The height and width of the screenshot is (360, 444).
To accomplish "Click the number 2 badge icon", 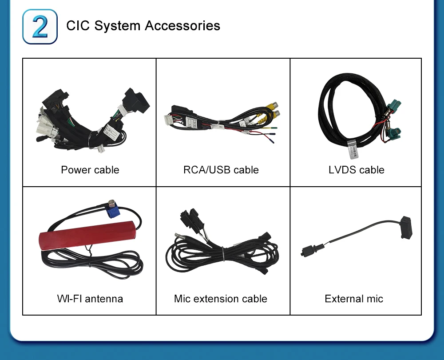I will pyautogui.click(x=40, y=26).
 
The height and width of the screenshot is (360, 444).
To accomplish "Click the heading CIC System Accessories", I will pyautogui.click(x=143, y=25).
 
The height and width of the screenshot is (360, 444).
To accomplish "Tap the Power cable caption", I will pyautogui.click(x=90, y=170).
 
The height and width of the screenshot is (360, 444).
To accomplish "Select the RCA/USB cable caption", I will pyautogui.click(x=221, y=170).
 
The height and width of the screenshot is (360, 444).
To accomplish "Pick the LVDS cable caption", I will pyautogui.click(x=357, y=170).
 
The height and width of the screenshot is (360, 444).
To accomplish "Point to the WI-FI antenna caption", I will pyautogui.click(x=90, y=299).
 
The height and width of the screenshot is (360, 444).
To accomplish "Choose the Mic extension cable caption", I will pyautogui.click(x=221, y=299).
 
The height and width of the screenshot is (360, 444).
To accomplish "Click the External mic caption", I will pyautogui.click(x=354, y=299).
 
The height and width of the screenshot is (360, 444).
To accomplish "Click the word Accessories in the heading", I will pyautogui.click(x=182, y=25).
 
